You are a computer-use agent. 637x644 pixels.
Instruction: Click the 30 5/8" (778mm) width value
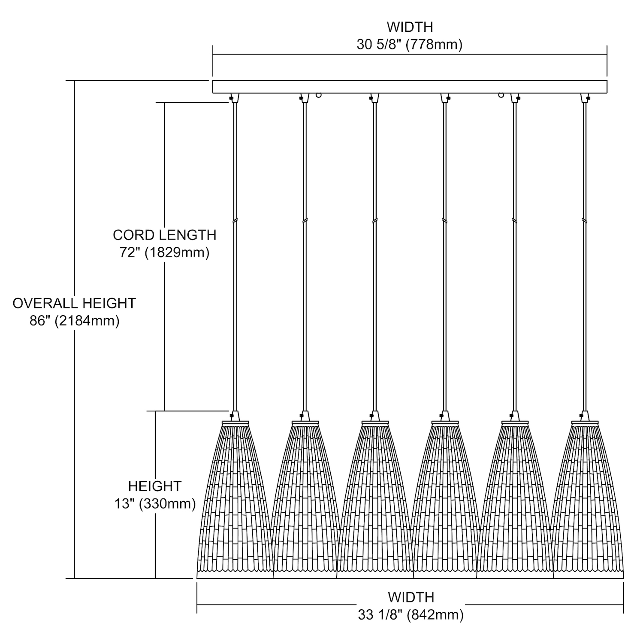tap(409, 45)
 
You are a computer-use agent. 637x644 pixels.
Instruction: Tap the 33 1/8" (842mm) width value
tap(411, 615)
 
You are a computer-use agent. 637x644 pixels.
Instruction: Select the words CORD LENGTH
tap(164, 235)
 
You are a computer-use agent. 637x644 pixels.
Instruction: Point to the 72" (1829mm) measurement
tap(164, 253)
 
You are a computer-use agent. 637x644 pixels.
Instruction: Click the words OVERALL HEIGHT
tap(74, 303)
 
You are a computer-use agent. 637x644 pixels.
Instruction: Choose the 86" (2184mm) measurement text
tap(74, 321)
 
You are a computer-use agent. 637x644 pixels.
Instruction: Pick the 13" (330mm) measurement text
tap(155, 504)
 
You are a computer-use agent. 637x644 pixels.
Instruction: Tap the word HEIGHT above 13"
tap(155, 486)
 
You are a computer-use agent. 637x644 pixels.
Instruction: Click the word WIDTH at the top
tap(410, 27)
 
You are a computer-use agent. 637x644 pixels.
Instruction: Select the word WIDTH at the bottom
tap(411, 597)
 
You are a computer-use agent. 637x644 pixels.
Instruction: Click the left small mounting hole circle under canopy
tap(318, 95)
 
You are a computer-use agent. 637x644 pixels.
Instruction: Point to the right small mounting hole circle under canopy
tap(501, 95)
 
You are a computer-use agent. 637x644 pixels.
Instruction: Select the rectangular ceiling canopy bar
tap(410, 87)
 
